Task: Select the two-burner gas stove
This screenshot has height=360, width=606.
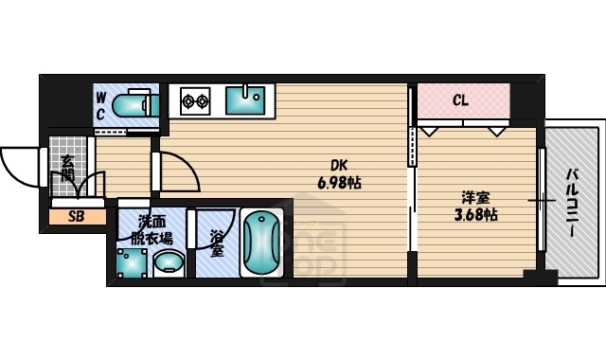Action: pos(194,99)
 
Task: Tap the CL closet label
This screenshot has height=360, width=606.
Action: pos(460,99)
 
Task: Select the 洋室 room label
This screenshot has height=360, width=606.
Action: pos(475,197)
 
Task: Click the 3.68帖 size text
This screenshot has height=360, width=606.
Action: pos(475,214)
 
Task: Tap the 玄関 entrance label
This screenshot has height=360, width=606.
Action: pos(67,171)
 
